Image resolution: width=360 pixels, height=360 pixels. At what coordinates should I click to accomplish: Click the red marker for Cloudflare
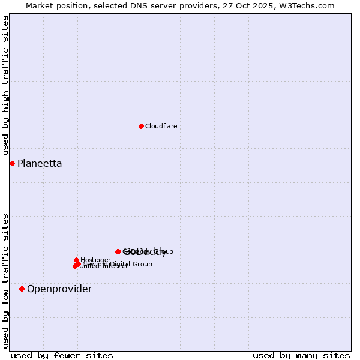pos(141,126)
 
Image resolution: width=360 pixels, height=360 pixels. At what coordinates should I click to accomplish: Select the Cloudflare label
pos(161,126)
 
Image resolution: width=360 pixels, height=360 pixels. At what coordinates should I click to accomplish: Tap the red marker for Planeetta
pos(12,163)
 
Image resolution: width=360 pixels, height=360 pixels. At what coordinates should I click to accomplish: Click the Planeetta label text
pos(40,163)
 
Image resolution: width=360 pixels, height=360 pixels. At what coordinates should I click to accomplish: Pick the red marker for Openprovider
pos(22,289)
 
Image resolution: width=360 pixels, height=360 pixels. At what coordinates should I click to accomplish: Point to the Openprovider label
pos(59,289)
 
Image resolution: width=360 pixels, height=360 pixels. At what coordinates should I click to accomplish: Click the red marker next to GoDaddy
pos(118,251)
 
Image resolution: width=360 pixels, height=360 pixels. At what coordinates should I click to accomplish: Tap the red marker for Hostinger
pos(77,260)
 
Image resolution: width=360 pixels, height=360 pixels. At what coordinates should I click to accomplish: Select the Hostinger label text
pos(95,260)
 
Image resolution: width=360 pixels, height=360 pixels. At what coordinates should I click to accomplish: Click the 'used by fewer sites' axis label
pos(62,355)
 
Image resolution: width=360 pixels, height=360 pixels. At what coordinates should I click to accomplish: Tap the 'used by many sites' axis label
pos(301,355)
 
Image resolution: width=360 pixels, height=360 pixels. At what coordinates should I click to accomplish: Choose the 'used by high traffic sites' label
pos(5,85)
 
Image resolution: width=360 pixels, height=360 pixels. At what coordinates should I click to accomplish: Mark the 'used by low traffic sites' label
pos(5,281)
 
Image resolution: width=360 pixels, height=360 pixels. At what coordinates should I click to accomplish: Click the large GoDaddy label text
pos(145,252)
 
